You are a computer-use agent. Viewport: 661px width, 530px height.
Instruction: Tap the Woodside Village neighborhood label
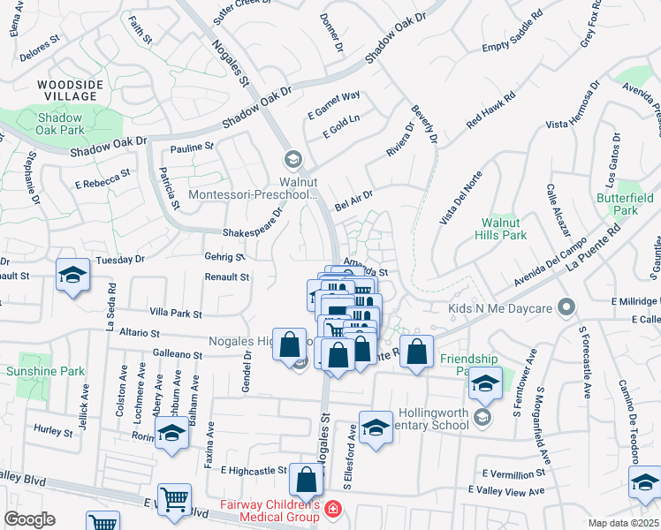click(62, 90)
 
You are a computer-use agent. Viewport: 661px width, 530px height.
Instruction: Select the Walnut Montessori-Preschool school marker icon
click(293, 160)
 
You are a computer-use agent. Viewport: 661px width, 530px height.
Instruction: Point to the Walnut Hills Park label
click(503, 229)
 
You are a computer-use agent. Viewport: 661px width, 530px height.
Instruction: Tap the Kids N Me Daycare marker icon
click(567, 308)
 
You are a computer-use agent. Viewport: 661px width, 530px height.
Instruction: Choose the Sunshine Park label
click(46, 371)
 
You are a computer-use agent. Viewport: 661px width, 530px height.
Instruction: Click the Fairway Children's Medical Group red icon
click(332, 509)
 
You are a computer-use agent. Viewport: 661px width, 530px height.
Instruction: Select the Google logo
click(29, 519)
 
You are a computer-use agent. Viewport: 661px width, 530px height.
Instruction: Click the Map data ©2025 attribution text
click(623, 523)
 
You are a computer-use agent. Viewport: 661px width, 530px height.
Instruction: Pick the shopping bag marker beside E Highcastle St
click(306, 481)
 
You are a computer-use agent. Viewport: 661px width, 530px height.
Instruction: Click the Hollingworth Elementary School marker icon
click(482, 415)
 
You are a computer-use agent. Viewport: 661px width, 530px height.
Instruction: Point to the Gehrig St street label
click(227, 256)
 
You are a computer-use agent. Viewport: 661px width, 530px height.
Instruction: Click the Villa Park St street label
click(177, 314)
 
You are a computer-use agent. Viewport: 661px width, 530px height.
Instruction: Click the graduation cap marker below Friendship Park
click(485, 382)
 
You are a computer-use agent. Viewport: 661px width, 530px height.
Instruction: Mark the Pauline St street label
click(193, 147)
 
